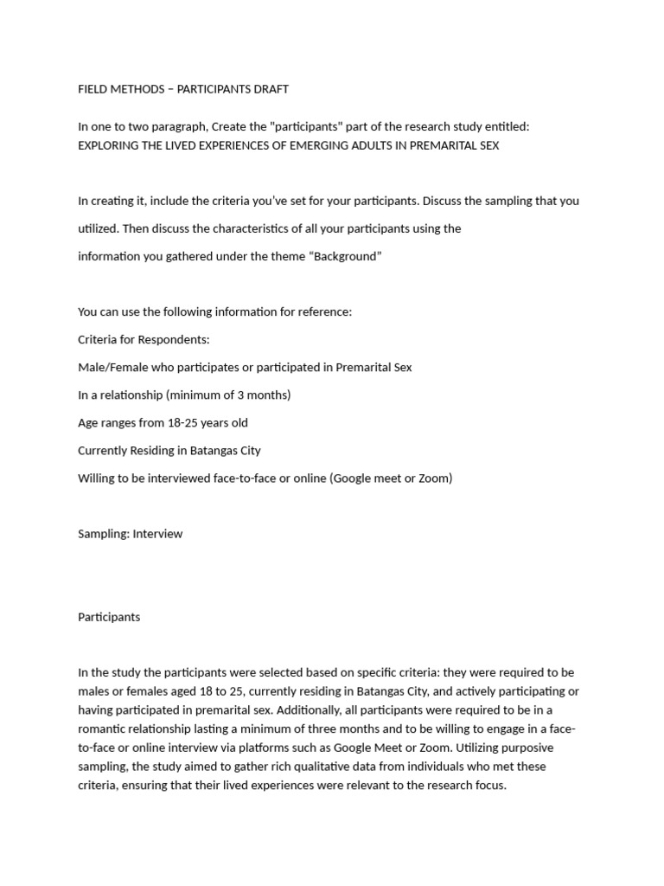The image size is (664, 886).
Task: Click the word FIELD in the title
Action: (x=92, y=89)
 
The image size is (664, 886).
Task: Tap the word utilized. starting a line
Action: (x=99, y=228)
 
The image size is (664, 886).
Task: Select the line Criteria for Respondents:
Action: (x=144, y=339)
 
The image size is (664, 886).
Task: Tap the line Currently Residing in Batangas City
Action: (x=169, y=450)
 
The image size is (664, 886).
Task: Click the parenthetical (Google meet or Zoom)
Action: (x=391, y=478)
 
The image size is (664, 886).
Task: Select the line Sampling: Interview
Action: (x=131, y=534)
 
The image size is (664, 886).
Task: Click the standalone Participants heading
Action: (x=109, y=617)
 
